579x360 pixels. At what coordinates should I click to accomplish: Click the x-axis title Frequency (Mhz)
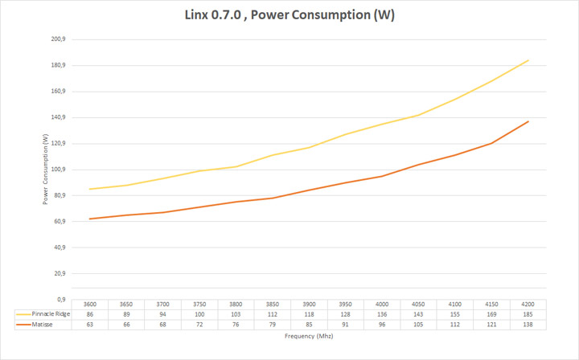309,336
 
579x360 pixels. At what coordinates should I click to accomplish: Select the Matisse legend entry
37,325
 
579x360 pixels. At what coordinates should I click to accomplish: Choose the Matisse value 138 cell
528,325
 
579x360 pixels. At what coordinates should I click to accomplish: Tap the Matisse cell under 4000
382,325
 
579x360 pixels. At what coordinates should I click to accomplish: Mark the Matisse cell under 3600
90,325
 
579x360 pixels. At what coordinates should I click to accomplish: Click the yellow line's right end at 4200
528,59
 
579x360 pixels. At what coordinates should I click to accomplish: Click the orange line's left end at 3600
90,219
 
